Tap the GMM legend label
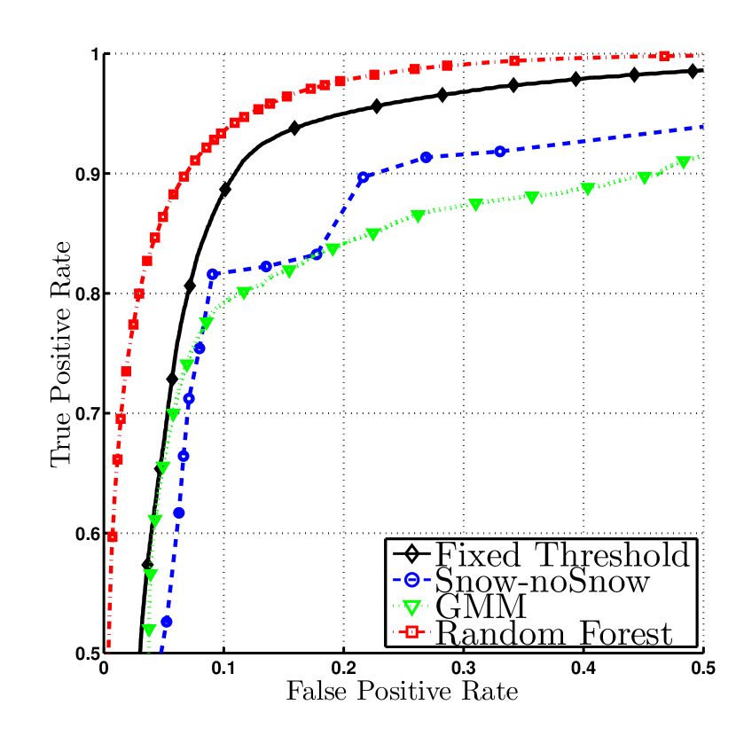(482, 607)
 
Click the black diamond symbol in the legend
(411, 555)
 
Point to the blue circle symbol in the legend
(411, 582)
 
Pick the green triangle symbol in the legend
(411, 608)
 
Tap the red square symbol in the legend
(411, 633)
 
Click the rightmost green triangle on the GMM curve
(683, 162)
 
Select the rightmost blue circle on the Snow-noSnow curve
(500, 151)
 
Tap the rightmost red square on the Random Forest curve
(664, 56)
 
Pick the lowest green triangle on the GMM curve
(149, 630)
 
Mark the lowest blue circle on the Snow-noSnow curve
(166, 622)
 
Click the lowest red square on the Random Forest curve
(113, 536)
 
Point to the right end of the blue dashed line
(701, 127)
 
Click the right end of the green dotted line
(701, 155)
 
